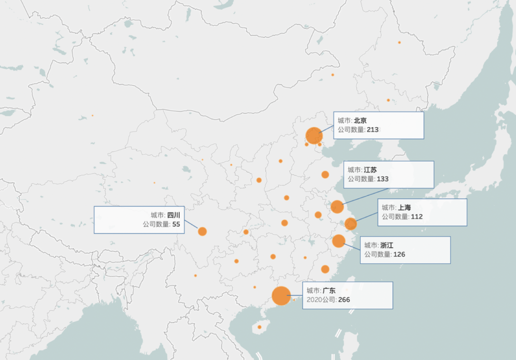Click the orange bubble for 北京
click(x=314, y=135)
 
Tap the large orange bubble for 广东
click(x=281, y=295)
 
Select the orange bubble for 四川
click(x=202, y=231)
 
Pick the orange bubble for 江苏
click(x=337, y=207)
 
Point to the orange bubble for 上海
click(x=351, y=224)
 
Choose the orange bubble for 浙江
click(x=339, y=241)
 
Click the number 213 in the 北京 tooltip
click(x=373, y=130)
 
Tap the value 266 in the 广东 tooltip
click(x=344, y=299)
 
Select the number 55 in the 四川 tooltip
click(x=176, y=224)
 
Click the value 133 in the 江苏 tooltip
click(x=383, y=179)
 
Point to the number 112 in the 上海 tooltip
click(x=417, y=217)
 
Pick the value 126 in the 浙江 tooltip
click(x=399, y=254)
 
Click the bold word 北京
click(x=360, y=120)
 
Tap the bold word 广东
click(x=329, y=290)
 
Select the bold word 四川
click(x=173, y=215)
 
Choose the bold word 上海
click(x=404, y=207)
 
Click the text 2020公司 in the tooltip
click(x=321, y=299)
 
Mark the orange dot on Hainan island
click(x=259, y=327)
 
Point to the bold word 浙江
click(x=387, y=245)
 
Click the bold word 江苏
click(x=370, y=170)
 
